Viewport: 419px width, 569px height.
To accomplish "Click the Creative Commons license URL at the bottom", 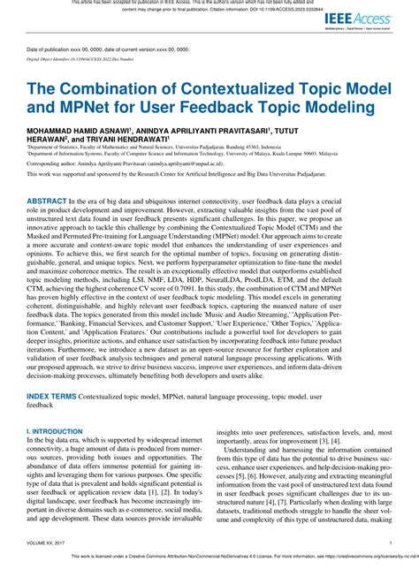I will (x=371, y=558).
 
